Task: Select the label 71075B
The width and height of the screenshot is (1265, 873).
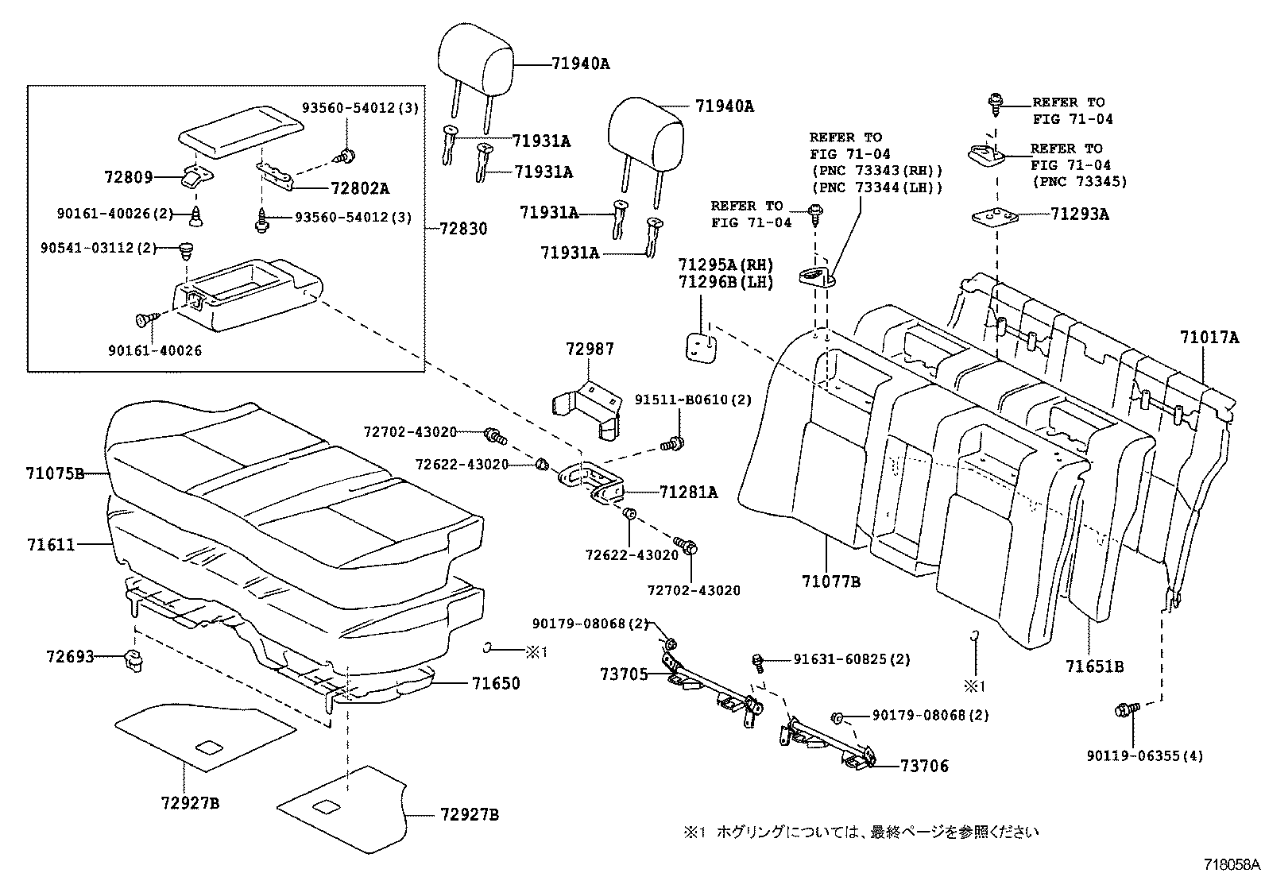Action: click(x=55, y=474)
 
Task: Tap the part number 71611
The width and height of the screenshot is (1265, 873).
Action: click(x=50, y=545)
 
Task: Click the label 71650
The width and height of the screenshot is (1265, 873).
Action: click(x=496, y=683)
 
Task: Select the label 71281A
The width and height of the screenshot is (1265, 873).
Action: click(x=688, y=493)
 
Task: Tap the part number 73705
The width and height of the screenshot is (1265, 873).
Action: click(x=624, y=674)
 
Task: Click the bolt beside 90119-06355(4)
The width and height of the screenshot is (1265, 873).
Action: click(x=1126, y=708)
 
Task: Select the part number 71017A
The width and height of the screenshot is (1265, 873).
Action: click(x=1209, y=338)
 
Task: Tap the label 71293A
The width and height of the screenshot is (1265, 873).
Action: click(x=1079, y=214)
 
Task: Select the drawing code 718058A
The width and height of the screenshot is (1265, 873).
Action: click(x=1231, y=863)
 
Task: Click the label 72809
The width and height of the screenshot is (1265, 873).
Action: click(x=128, y=177)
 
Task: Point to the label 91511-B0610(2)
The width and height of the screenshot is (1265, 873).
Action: click(x=692, y=400)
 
